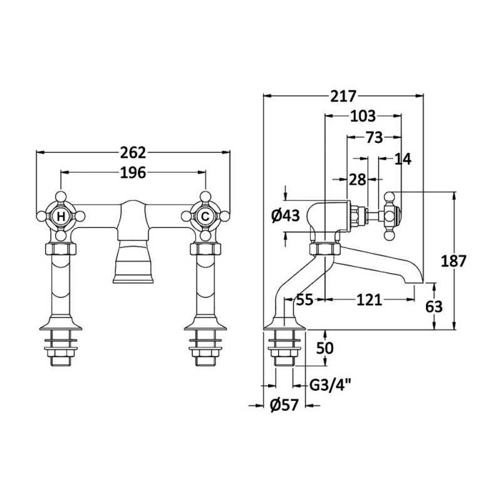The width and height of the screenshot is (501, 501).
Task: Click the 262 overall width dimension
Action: (x=132, y=152)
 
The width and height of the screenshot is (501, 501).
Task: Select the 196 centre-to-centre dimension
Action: (x=132, y=172)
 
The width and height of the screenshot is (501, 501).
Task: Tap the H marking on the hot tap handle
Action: (x=61, y=217)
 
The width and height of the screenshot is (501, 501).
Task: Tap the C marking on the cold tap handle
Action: (x=204, y=217)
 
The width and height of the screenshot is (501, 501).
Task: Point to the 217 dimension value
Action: (x=343, y=96)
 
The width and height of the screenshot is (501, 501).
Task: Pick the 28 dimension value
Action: (x=358, y=180)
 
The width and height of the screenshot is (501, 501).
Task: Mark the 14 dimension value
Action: (x=403, y=159)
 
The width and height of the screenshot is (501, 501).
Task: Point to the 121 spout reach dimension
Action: (x=369, y=300)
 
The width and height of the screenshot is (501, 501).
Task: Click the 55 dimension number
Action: (x=305, y=300)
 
